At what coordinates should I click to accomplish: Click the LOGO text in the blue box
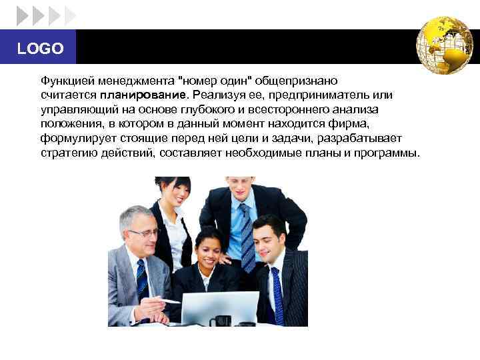pos(40,49)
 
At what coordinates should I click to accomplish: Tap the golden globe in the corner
pos(444,45)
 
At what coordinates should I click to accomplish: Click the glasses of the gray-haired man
pos(144,233)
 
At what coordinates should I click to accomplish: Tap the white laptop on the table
pos(220,308)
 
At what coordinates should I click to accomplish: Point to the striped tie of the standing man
pos(247,237)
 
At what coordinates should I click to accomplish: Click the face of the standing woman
pos(175,191)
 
